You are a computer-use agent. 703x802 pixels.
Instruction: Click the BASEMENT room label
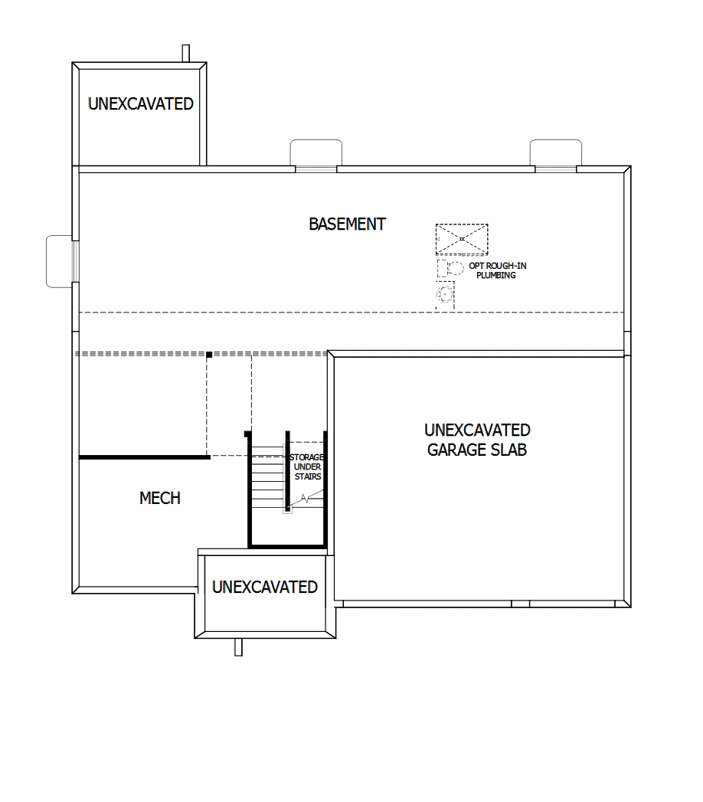click(347, 224)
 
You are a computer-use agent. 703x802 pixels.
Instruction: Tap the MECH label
click(160, 499)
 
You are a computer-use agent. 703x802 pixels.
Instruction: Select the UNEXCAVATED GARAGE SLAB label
click(477, 440)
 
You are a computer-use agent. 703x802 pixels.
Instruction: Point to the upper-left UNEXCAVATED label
click(141, 104)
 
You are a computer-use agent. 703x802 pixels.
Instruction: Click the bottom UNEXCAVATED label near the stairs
click(265, 588)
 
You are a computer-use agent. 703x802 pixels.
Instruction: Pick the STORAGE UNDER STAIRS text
click(307, 466)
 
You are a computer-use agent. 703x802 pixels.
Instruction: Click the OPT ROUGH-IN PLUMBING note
click(497, 270)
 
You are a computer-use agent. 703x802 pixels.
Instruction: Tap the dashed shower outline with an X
click(462, 238)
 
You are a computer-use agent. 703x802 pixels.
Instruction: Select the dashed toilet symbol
click(450, 268)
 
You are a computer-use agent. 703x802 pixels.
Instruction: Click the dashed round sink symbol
click(444, 293)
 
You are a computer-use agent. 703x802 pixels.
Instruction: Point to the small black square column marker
click(209, 355)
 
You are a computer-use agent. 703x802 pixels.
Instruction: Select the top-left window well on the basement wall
click(316, 152)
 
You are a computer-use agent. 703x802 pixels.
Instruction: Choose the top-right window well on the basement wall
click(555, 152)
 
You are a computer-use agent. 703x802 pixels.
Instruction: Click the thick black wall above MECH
click(144, 457)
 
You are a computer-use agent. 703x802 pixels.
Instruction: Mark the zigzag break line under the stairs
click(306, 499)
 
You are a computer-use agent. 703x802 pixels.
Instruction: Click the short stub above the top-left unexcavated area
click(185, 53)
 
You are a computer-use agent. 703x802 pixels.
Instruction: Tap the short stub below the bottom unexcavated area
click(238, 647)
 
